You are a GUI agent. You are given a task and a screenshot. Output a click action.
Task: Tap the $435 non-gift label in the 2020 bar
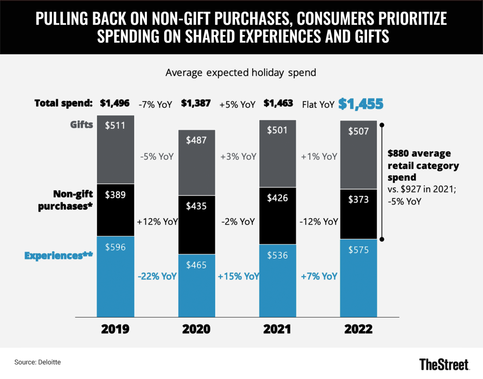pos(196,206)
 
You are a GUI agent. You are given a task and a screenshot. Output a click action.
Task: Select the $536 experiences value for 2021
pos(277,255)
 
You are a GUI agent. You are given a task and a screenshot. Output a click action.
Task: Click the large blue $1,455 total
pos(361,104)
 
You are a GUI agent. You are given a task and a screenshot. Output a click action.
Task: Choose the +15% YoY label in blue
pos(238,277)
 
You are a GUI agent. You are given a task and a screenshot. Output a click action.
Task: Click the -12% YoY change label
pos(319,222)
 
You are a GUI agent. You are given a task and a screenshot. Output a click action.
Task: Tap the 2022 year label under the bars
pos(358,329)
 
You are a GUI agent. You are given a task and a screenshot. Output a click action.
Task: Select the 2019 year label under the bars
pos(115,329)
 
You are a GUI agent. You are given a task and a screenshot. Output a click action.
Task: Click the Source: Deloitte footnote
pos(37,362)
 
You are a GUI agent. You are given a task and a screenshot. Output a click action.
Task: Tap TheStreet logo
pos(444,364)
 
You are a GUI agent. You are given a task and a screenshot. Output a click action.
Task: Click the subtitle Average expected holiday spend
pos(241,73)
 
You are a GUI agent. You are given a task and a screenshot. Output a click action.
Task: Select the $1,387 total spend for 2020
pos(196,103)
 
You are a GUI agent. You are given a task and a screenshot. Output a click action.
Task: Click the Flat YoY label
pos(318,105)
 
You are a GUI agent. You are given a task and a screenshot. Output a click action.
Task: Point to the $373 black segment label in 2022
pos(358,200)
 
